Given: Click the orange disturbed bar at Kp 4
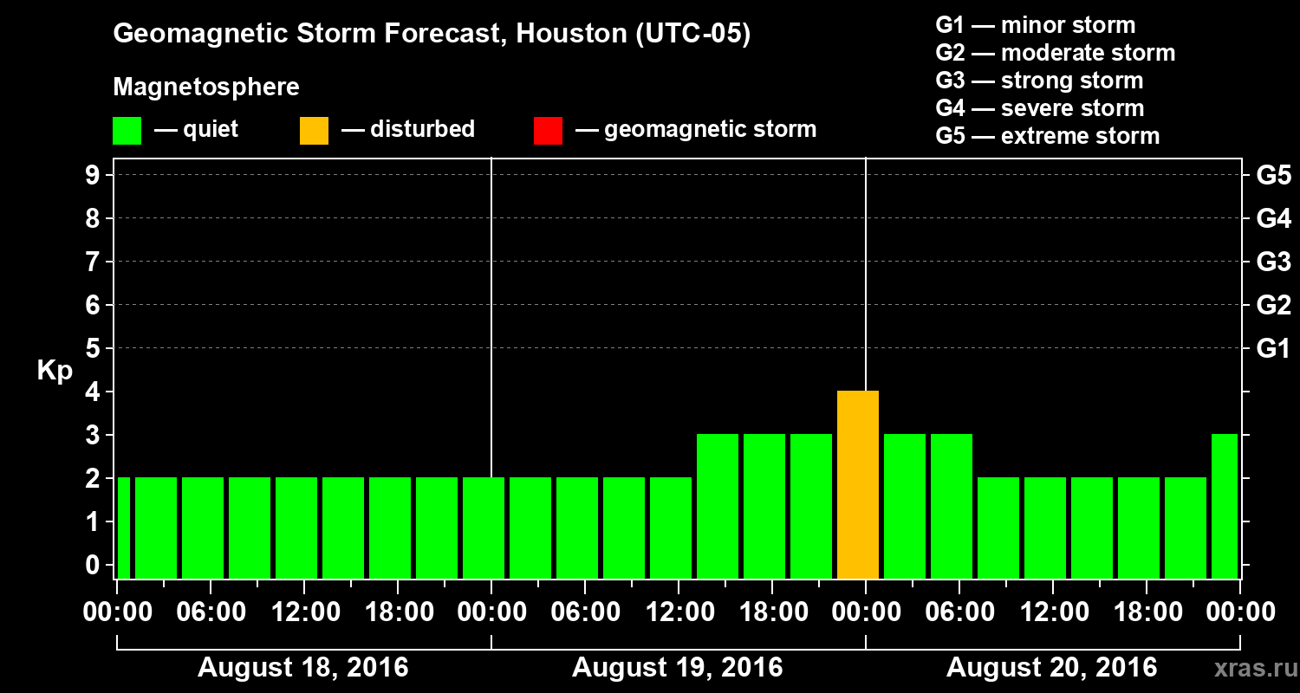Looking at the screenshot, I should click(858, 484).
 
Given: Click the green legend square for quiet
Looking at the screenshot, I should click(127, 130).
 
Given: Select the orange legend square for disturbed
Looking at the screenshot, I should click(314, 130).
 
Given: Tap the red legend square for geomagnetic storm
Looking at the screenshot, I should click(548, 130).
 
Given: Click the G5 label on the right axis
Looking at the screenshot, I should click(1273, 175).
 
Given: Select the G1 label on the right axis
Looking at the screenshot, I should click(1273, 349).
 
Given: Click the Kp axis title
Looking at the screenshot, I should click(55, 371).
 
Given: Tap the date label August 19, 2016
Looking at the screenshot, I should click(677, 668).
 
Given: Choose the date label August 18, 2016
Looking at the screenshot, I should click(303, 668).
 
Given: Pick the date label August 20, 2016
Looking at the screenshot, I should click(1051, 668).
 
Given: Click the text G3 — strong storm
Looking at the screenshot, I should click(1039, 81).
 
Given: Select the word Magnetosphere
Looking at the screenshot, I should click(206, 87).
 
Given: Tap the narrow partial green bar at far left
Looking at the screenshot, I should click(123, 528).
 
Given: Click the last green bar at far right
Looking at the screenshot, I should click(1224, 506).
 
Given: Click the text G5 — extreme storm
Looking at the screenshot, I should click(1047, 136).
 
